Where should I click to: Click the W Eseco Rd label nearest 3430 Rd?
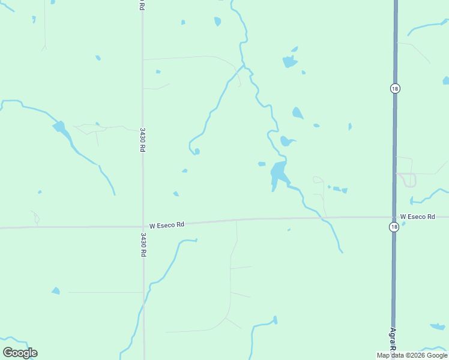coord(166,225)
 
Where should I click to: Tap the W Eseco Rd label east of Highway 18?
coord(417,216)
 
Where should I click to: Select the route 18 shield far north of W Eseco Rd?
coord(394,88)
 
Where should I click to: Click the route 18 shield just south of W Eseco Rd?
coord(393,226)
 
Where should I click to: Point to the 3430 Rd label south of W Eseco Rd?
coord(143,245)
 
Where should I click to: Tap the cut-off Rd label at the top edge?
coord(142,4)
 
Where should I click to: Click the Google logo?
coord(20,353)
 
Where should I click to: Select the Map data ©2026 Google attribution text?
coord(412,355)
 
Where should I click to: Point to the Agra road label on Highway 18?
coord(393,341)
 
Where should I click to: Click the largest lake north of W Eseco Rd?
coord(279,173)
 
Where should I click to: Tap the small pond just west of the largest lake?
coord(262,164)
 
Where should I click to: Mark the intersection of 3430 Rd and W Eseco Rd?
coord(143,227)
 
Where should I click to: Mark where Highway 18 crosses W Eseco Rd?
coord(394,217)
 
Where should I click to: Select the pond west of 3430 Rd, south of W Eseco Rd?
coord(56,291)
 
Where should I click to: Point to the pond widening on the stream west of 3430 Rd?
coord(59,127)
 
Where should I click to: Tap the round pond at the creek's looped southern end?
coord(197,151)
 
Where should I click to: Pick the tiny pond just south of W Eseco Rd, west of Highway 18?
coord(289,230)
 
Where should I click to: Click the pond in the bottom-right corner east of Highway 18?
coord(438,326)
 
